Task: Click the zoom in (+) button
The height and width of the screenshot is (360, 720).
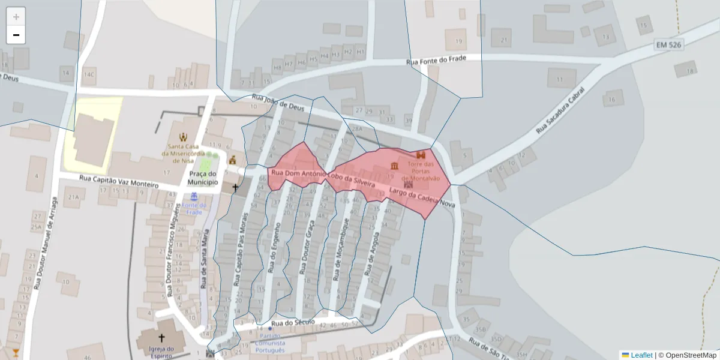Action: tap(16, 17)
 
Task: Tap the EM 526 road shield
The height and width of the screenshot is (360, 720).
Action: tap(669, 44)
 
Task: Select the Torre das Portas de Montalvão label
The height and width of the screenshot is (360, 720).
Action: tap(421, 171)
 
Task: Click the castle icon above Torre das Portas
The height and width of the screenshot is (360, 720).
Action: tap(421, 155)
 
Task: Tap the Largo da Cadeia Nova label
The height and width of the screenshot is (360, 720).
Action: tap(422, 198)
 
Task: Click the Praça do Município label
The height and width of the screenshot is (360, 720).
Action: tap(202, 178)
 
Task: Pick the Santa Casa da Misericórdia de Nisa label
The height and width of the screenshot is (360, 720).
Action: tap(184, 153)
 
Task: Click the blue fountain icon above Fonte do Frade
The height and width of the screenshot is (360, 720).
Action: tap(194, 196)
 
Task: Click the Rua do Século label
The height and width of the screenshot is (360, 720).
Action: tap(293, 323)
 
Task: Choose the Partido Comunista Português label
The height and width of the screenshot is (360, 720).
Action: tap(270, 343)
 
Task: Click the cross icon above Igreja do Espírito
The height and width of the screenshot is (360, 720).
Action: tap(161, 338)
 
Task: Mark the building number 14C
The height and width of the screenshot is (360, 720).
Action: tap(89, 75)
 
